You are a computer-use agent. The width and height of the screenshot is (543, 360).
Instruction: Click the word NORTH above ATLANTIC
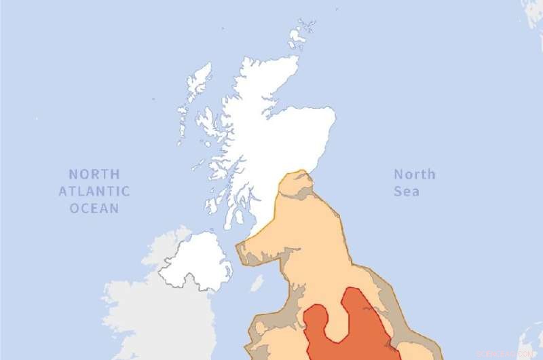94,174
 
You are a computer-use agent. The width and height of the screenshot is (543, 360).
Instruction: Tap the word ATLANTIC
94,191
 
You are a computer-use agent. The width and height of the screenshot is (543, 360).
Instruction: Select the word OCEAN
94,208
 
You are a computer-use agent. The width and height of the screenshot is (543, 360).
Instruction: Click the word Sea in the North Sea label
407,191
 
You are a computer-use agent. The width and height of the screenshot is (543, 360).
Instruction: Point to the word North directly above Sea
415,174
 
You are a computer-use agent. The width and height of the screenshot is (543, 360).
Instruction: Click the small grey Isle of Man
257,283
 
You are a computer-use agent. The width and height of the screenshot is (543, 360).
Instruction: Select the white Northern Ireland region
197,262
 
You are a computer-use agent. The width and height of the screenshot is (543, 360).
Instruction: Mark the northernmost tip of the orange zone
299,173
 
